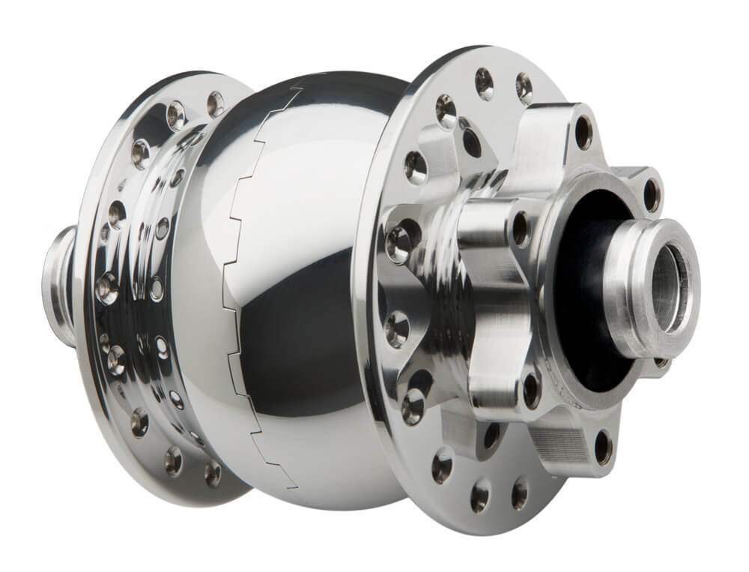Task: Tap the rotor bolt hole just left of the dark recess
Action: pos(520,229)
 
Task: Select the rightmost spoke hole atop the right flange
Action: pos(524,89)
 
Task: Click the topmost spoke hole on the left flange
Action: pos(216,103)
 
